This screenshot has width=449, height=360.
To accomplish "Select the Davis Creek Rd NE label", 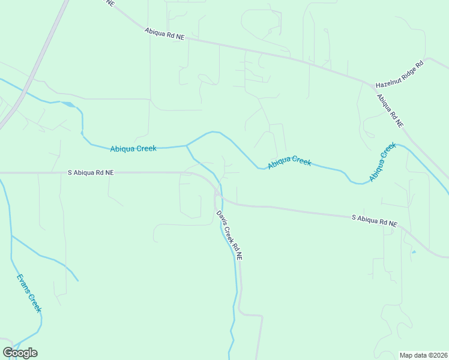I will point(229,235).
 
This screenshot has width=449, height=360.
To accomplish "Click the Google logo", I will point(20,353).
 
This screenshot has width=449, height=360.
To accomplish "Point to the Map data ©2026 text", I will point(423,355).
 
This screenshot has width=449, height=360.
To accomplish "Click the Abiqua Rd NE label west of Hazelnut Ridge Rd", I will point(164,34).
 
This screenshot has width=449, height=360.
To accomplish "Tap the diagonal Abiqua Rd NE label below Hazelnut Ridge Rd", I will point(390,110).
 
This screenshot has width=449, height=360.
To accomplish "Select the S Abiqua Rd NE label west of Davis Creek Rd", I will point(90,172).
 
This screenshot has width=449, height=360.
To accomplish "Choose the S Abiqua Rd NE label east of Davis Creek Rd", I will point(374,220).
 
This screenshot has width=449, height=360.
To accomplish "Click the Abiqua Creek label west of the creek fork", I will point(133,148).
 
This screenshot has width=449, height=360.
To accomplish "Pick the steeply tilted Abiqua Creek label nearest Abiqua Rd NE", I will point(382,162).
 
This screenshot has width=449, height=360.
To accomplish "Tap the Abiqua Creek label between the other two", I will point(289,162).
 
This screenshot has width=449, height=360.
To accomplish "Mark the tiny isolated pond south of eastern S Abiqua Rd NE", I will point(414,251).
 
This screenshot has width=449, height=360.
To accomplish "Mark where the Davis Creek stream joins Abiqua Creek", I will point(187,145).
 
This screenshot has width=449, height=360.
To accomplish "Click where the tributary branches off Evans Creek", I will point(11,236).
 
